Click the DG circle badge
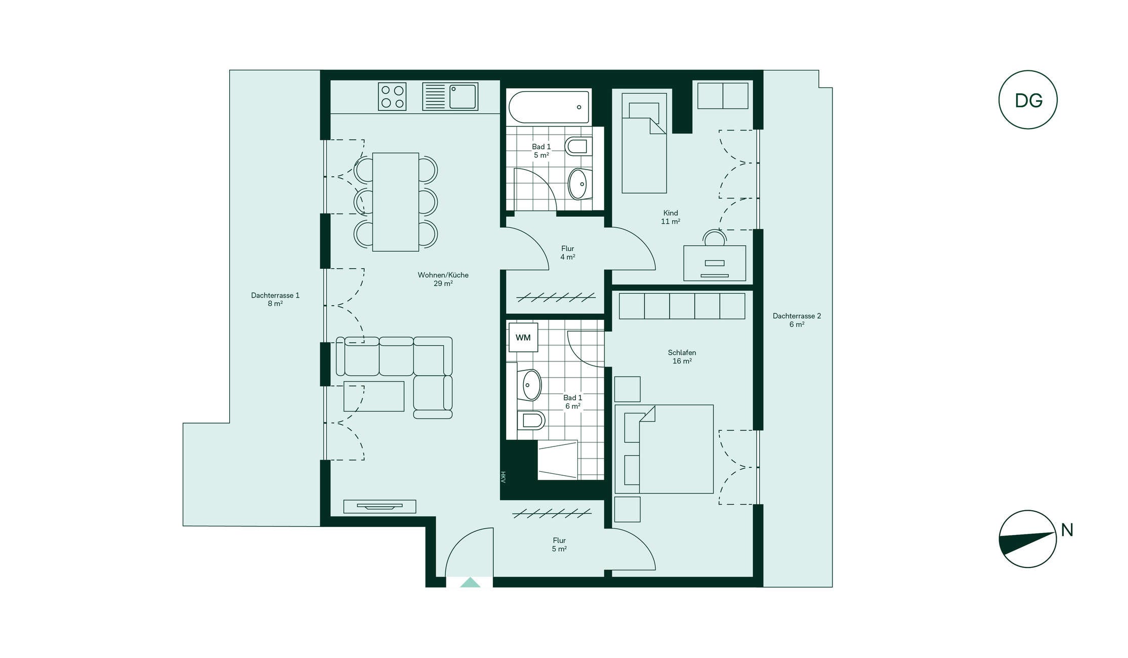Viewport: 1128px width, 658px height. (x=1028, y=100)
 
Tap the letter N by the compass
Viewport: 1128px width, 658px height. (x=1067, y=530)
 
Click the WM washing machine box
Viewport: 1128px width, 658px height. (x=523, y=337)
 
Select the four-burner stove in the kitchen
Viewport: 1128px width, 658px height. (x=392, y=96)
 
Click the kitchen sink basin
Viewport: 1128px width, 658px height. (x=463, y=97)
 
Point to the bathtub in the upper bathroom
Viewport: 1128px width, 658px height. (x=549, y=107)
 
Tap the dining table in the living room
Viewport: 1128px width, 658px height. (x=395, y=202)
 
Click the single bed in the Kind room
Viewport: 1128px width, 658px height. (x=644, y=143)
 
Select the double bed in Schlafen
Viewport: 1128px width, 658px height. (x=664, y=449)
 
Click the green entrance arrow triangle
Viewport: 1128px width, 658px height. (x=470, y=583)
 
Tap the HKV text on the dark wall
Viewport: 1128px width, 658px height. (x=503, y=477)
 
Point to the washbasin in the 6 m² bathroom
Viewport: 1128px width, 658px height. (x=529, y=385)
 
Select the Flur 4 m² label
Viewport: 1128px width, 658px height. (x=567, y=253)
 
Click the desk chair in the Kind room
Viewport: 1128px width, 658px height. (x=715, y=238)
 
